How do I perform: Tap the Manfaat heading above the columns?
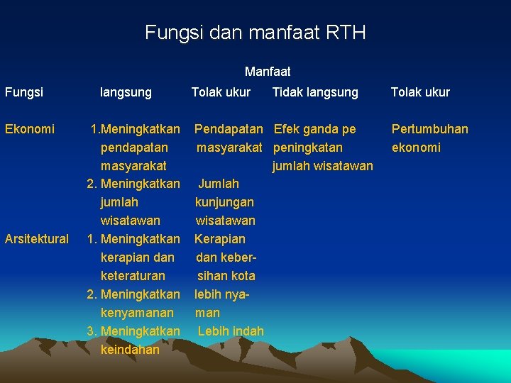[268, 72]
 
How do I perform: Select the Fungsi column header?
[24, 92]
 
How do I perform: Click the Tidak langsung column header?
[315, 92]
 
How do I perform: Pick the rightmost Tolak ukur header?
[420, 92]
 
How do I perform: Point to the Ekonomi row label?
[30, 129]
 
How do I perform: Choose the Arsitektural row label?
[37, 239]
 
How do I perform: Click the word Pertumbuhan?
[430, 129]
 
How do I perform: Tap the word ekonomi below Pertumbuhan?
[416, 148]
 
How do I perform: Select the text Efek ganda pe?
[315, 129]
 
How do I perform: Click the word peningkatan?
[308, 148]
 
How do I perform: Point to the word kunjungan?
[224, 202]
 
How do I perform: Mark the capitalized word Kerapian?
[220, 239]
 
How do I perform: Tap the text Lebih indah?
[231, 331]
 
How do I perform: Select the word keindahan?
[131, 350]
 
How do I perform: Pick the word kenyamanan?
[137, 313]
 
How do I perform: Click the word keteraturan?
[133, 276]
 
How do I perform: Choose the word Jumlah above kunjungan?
[219, 184]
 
